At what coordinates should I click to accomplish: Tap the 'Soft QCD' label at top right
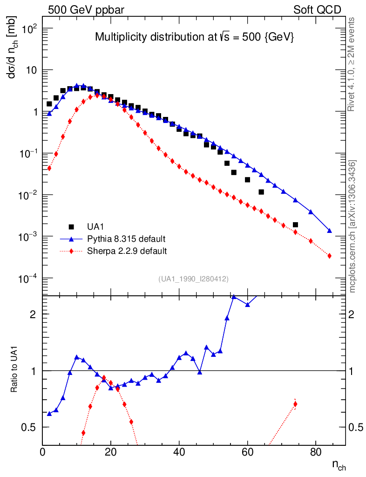(317, 10)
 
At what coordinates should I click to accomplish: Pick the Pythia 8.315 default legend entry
(126, 239)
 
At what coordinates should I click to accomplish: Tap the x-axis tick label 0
(43, 451)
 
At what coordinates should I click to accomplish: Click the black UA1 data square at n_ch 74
(295, 225)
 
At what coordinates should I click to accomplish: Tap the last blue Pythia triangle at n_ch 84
(329, 231)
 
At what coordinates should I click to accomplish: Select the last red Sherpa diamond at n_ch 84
(329, 256)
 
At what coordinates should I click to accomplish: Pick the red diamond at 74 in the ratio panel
(295, 404)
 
